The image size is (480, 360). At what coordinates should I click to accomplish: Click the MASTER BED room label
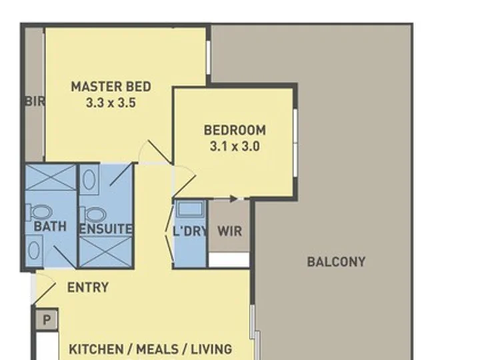point(111,87)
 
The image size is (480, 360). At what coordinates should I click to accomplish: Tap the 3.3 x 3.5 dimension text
point(111,103)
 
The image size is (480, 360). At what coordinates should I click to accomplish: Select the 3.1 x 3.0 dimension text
point(235,146)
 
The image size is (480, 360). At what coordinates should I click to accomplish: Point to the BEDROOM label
point(235,130)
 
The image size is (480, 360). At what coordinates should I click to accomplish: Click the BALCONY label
point(336,262)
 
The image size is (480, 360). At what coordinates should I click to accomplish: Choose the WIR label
point(229,231)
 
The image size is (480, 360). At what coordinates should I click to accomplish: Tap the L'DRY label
point(191,231)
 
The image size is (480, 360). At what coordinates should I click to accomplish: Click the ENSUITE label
point(106,229)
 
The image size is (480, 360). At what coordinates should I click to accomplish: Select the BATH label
point(50,226)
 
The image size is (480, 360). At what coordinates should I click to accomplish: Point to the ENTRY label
point(88,287)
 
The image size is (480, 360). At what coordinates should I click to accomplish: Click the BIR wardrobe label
point(35,101)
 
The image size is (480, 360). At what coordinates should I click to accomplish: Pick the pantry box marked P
point(47,320)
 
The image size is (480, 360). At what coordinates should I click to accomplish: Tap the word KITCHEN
point(96,349)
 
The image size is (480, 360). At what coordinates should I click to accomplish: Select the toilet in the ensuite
point(94,214)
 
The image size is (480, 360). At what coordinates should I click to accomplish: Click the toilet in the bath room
point(39,212)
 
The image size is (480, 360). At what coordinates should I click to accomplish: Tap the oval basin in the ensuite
point(89,180)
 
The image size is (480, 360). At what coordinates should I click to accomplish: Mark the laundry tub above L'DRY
point(190,209)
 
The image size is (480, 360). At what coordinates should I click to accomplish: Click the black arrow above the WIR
point(233,199)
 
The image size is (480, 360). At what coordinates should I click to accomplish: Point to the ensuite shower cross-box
point(106,251)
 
